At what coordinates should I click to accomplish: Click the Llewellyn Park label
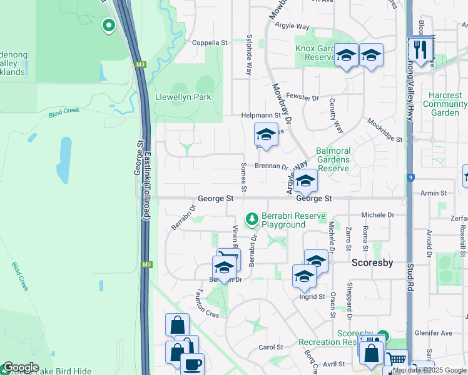pyautogui.click(x=184, y=97)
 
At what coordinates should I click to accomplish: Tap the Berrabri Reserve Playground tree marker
pyautogui.click(x=252, y=218)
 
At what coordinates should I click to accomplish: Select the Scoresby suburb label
pyautogui.click(x=372, y=262)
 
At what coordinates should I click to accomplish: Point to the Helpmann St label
pyautogui.click(x=260, y=116)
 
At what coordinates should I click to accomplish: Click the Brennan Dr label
pyautogui.click(x=271, y=167)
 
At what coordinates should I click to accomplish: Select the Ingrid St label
pyautogui.click(x=313, y=297)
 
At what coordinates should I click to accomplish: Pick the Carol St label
pyautogui.click(x=271, y=347)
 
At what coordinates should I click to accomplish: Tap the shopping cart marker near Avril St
pyautogui.click(x=396, y=360)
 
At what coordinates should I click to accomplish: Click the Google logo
pyautogui.click(x=21, y=367)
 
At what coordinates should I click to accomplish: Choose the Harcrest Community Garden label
pyautogui.click(x=445, y=104)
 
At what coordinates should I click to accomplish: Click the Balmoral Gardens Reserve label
pyautogui.click(x=333, y=159)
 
